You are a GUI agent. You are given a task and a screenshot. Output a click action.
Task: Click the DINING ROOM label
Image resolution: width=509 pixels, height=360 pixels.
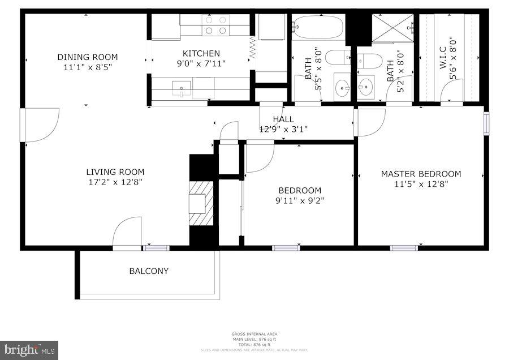pos(87,57)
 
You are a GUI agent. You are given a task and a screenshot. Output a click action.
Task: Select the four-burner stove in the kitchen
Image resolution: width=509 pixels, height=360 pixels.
pos(215,25)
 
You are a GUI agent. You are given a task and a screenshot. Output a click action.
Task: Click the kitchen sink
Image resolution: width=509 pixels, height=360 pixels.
pos(181,88)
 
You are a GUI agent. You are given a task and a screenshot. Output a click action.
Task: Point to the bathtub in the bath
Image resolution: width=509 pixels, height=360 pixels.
pos(317,27)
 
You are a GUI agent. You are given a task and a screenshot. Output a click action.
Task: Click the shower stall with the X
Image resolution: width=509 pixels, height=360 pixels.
pos(392,29)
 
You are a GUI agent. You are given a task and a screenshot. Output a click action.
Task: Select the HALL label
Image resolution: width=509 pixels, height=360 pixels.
pos(283,119)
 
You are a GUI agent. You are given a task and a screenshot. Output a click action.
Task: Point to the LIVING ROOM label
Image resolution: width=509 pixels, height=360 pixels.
pos(115,172)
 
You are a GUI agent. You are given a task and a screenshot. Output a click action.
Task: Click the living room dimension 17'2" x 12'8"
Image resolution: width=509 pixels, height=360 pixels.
pos(115,182)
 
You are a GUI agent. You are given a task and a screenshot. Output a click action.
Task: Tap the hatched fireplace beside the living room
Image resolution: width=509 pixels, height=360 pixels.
pos(201,203)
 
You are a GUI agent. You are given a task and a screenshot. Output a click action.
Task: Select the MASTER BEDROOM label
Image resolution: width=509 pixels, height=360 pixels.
pos(420,174)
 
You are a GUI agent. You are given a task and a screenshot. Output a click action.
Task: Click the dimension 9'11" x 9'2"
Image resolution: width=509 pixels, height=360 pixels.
pos(299,200)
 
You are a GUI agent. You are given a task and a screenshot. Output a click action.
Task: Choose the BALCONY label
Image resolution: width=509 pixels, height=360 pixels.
pos(149,271)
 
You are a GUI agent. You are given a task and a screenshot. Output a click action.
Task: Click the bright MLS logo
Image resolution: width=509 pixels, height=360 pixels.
pos(29,349)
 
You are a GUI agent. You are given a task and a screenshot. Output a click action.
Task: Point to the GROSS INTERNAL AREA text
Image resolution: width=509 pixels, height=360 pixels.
pos(254,334)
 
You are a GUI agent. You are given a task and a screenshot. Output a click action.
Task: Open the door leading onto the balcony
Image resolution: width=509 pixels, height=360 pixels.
pos(127,234)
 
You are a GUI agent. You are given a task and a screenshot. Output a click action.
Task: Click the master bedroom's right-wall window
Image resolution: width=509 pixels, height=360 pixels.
pos(486,123)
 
